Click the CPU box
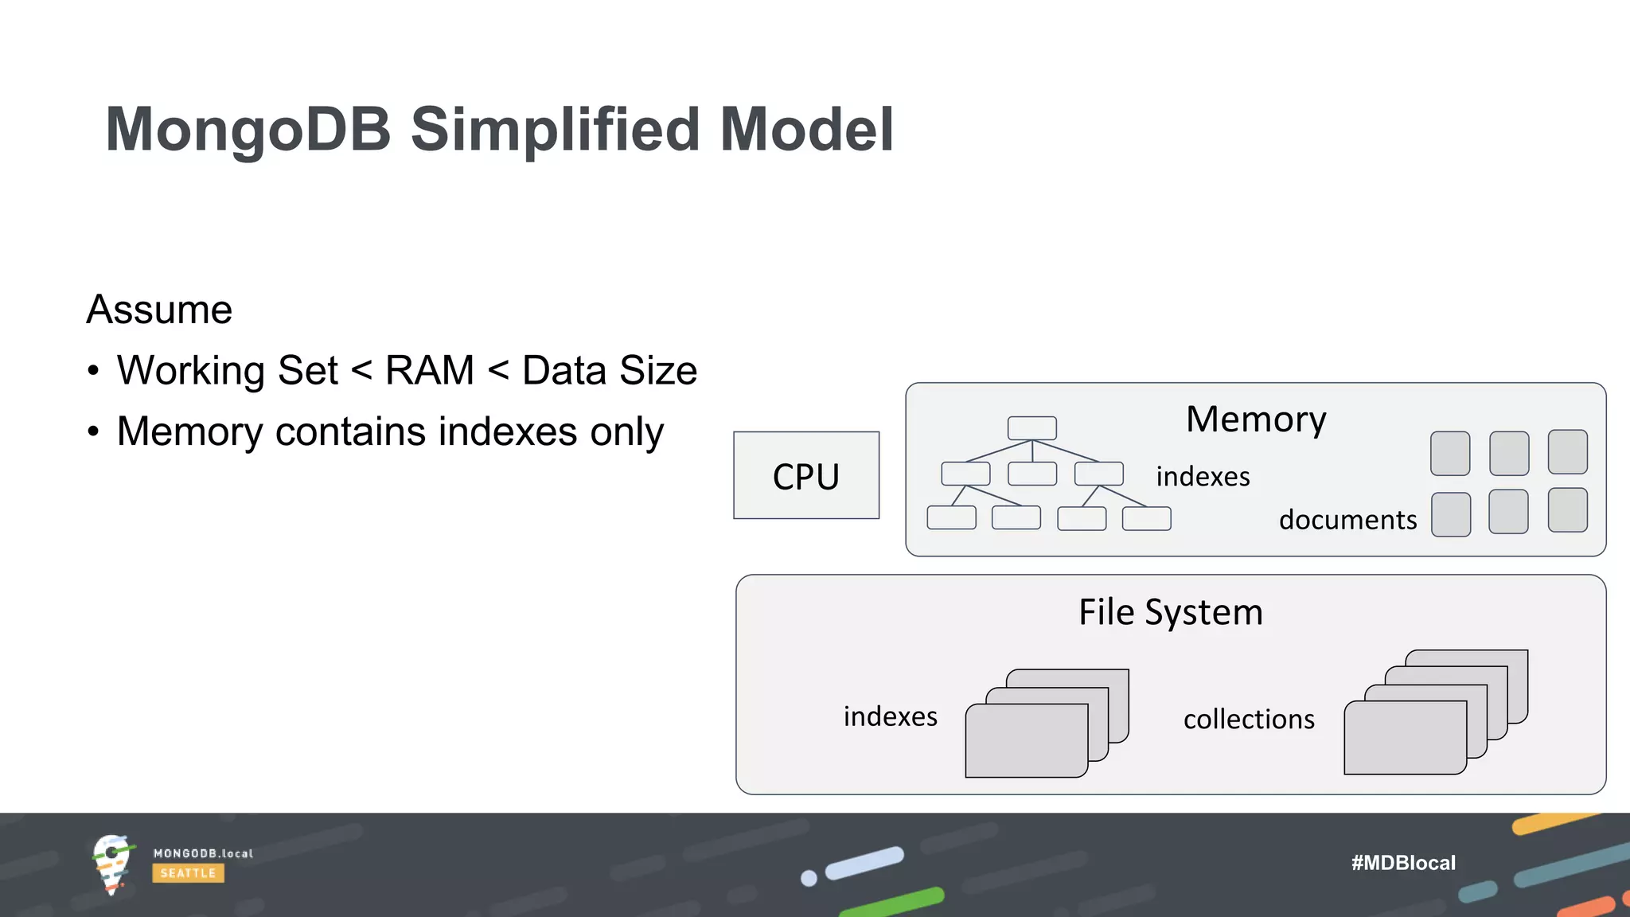coord(806,475)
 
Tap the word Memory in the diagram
coord(1256,419)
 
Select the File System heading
coord(1171,612)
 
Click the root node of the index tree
coord(1032,428)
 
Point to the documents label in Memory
coord(1347,520)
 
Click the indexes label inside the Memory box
coord(1203,476)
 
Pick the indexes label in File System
coord(890,716)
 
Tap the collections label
coord(1249,719)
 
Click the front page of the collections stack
coord(1405,737)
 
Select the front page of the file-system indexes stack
coord(1026,740)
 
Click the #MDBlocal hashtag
coord(1403,863)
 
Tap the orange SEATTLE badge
coord(188,873)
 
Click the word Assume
coord(159,309)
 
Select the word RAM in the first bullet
coord(430,370)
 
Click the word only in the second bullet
coord(626,431)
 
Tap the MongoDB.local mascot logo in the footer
coord(111,864)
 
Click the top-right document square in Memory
coord(1567,452)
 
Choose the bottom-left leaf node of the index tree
coord(951,517)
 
